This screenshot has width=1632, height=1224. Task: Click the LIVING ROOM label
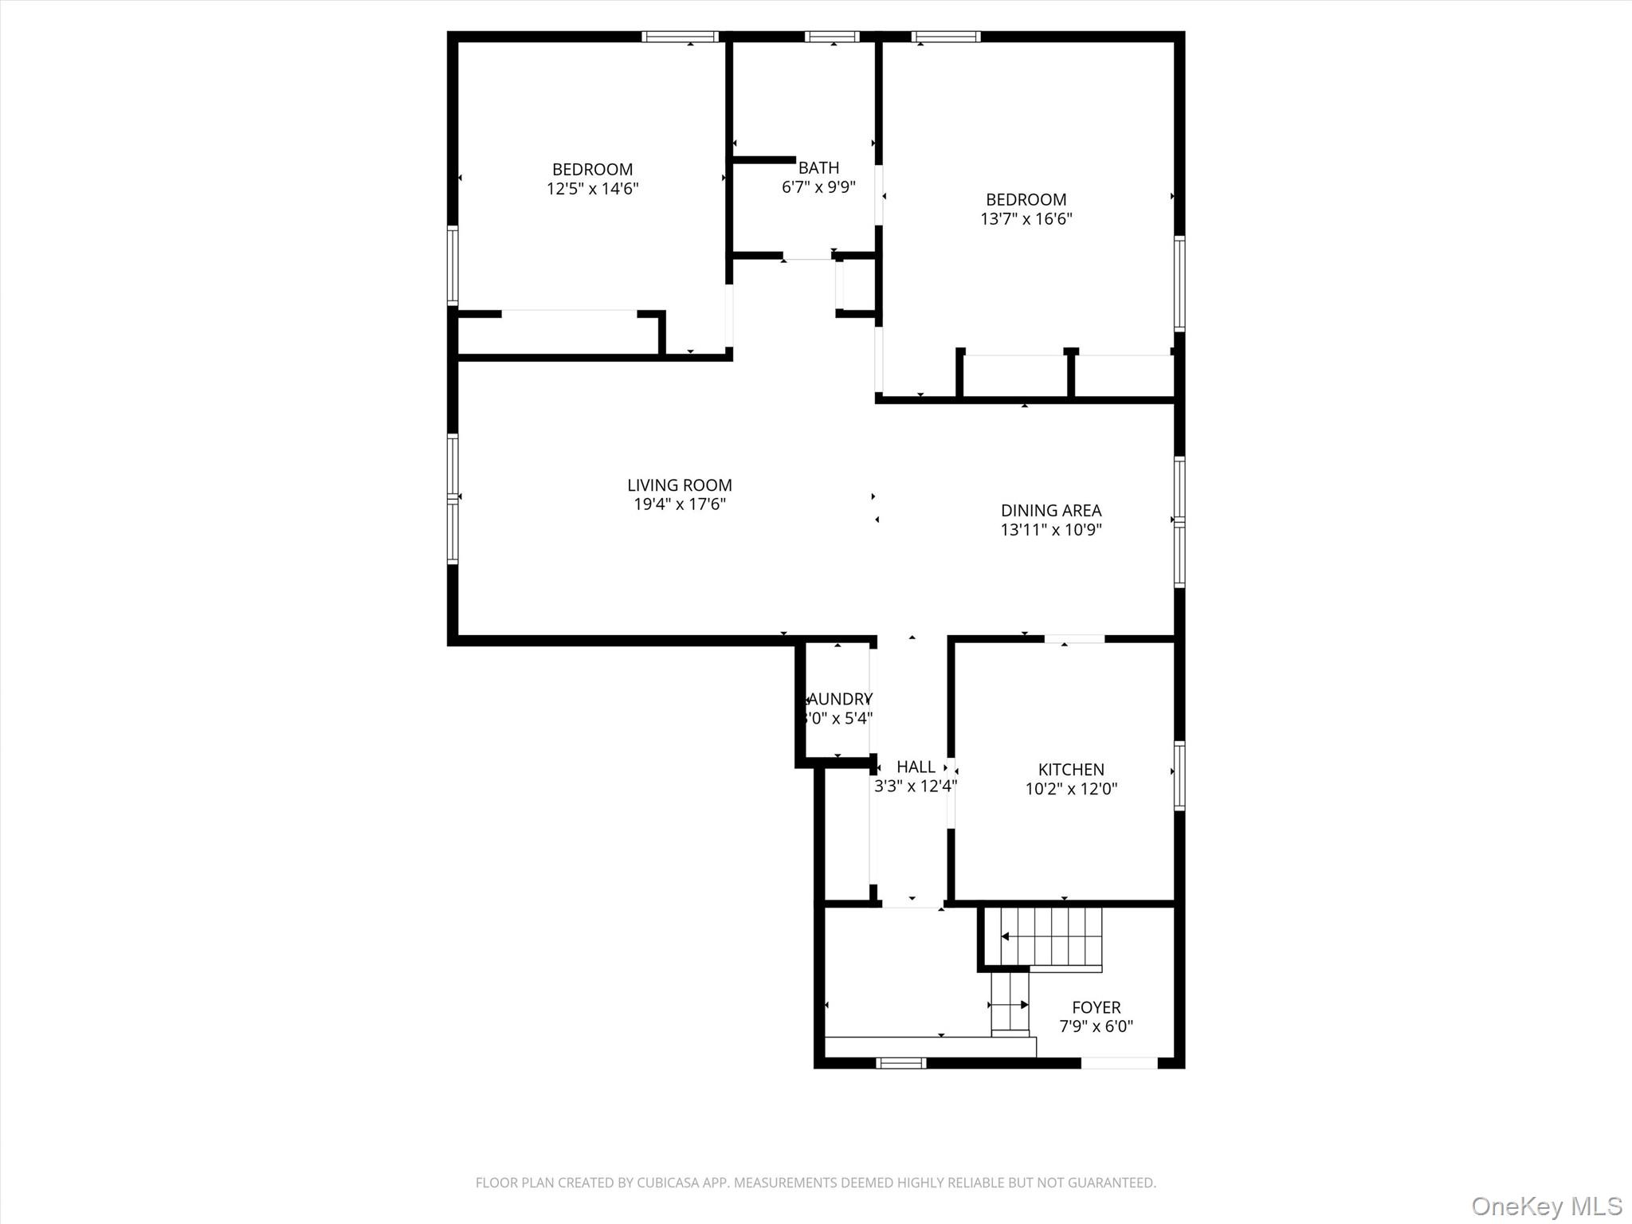click(679, 484)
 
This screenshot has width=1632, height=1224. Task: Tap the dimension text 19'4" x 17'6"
click(679, 504)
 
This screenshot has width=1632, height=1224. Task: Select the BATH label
click(818, 167)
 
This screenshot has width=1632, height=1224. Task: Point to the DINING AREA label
click(1050, 510)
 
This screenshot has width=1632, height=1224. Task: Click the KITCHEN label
click(1070, 769)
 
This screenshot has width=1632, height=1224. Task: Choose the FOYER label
click(1096, 1007)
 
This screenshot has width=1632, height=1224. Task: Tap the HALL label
click(916, 767)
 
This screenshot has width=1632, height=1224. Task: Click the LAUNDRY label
click(838, 699)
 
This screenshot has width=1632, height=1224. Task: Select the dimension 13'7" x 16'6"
click(1026, 219)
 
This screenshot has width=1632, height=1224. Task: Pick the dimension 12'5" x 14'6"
click(592, 189)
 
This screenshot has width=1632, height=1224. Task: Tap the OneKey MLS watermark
click(1546, 1206)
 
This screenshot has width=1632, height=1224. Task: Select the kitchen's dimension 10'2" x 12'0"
click(1070, 789)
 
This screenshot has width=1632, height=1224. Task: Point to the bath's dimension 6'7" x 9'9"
click(818, 187)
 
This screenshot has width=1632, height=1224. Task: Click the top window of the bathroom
click(832, 37)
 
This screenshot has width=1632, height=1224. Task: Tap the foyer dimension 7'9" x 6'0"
click(1096, 1027)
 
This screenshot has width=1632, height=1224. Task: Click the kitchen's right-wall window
click(1179, 775)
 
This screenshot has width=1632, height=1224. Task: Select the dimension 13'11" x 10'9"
click(1050, 530)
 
